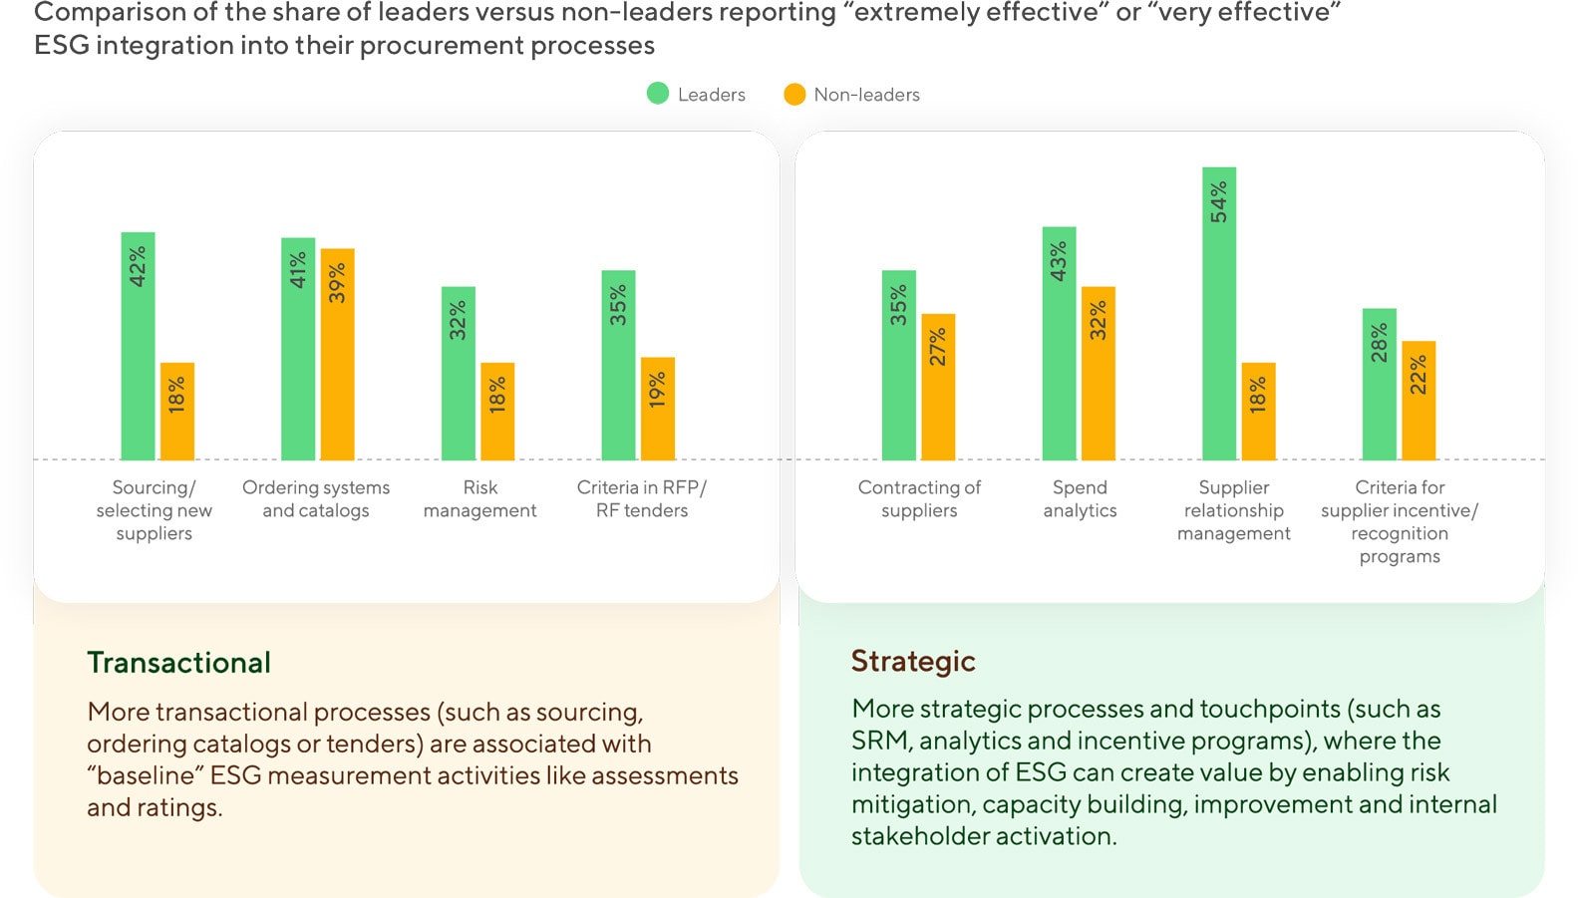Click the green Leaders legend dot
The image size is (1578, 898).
point(658,94)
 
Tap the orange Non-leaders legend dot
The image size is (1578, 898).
point(794,94)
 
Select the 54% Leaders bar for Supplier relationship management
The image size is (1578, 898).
point(1219,313)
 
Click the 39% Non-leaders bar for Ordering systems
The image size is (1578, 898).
point(338,354)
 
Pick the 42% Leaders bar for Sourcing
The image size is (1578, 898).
point(138,346)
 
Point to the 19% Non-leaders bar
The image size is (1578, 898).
point(658,409)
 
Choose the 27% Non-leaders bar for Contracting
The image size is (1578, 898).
point(938,387)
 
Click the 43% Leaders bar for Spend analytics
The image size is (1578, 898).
point(1059,343)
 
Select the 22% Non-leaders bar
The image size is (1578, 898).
point(1419,400)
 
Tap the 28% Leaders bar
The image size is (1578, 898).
point(1380,384)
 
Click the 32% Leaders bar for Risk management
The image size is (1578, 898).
point(459,373)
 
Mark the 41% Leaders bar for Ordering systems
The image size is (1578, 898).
point(298,349)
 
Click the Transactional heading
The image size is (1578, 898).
point(178,663)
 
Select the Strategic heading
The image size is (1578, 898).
point(913,661)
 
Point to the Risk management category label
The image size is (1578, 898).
point(479,498)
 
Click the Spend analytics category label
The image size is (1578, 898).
point(1080,498)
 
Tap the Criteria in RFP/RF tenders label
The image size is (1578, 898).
point(642,498)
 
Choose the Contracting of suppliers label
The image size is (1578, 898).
point(919,498)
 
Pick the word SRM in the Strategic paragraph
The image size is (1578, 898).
point(879,741)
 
